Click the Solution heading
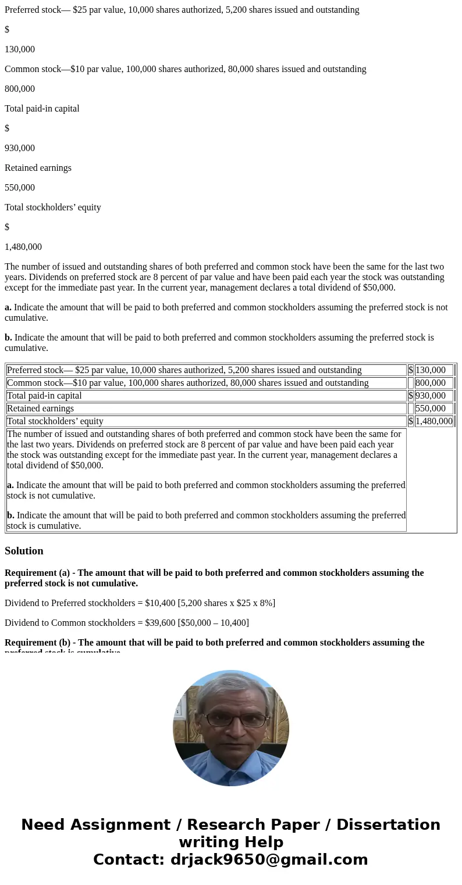point(24,551)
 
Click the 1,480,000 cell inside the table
point(433,421)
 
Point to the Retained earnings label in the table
point(40,409)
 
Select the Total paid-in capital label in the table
point(44,396)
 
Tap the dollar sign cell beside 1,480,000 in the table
point(410,421)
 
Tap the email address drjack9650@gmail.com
point(269,860)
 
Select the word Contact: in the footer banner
point(129,860)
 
